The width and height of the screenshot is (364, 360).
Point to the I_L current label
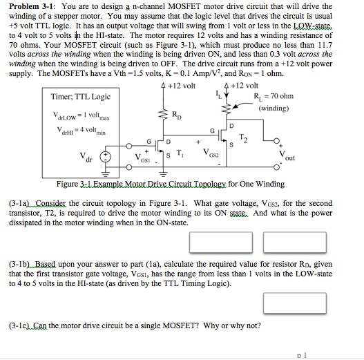point(220,96)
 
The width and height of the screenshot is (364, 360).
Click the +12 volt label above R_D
point(181,85)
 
